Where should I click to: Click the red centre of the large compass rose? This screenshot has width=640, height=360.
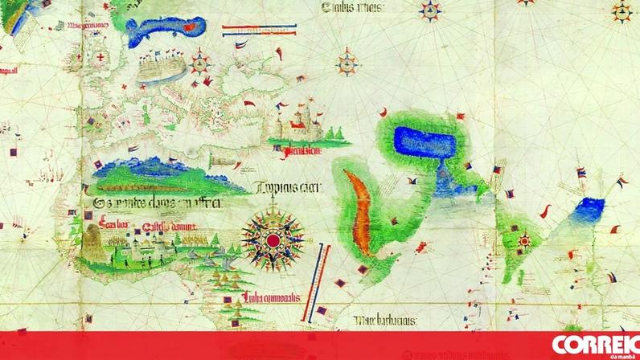point(273,239)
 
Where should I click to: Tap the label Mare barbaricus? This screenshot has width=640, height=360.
point(388,321)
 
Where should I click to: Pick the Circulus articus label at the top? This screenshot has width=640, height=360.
point(352,8)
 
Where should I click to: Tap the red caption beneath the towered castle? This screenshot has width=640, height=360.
point(295,149)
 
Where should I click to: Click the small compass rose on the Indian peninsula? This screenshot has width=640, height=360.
point(525,239)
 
